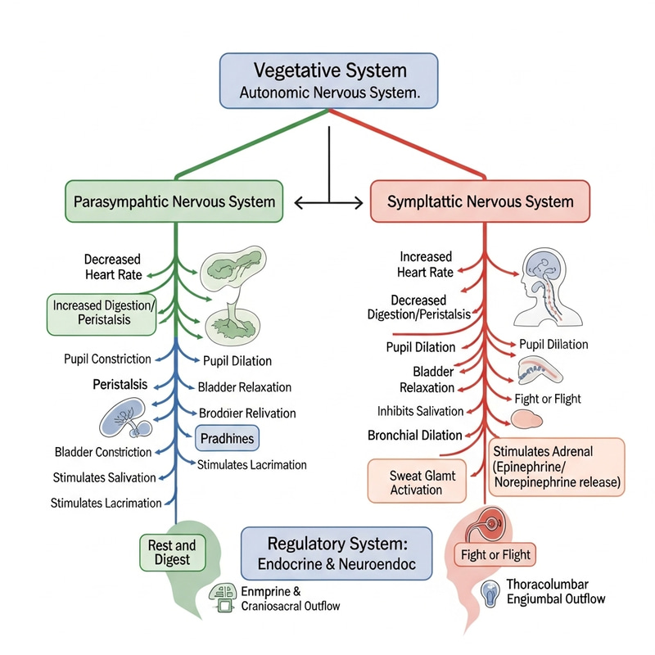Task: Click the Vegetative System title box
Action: (328, 81)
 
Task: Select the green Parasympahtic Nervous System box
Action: (174, 201)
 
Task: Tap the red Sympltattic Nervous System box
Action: (481, 201)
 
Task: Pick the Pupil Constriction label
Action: (107, 359)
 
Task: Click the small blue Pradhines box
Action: (227, 438)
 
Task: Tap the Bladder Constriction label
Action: (102, 452)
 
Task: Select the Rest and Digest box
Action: (172, 553)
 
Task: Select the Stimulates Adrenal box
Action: (557, 467)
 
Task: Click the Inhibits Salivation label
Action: (420, 411)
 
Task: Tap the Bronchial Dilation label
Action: (414, 436)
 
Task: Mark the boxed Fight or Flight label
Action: (495, 555)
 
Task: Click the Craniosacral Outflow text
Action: (291, 606)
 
